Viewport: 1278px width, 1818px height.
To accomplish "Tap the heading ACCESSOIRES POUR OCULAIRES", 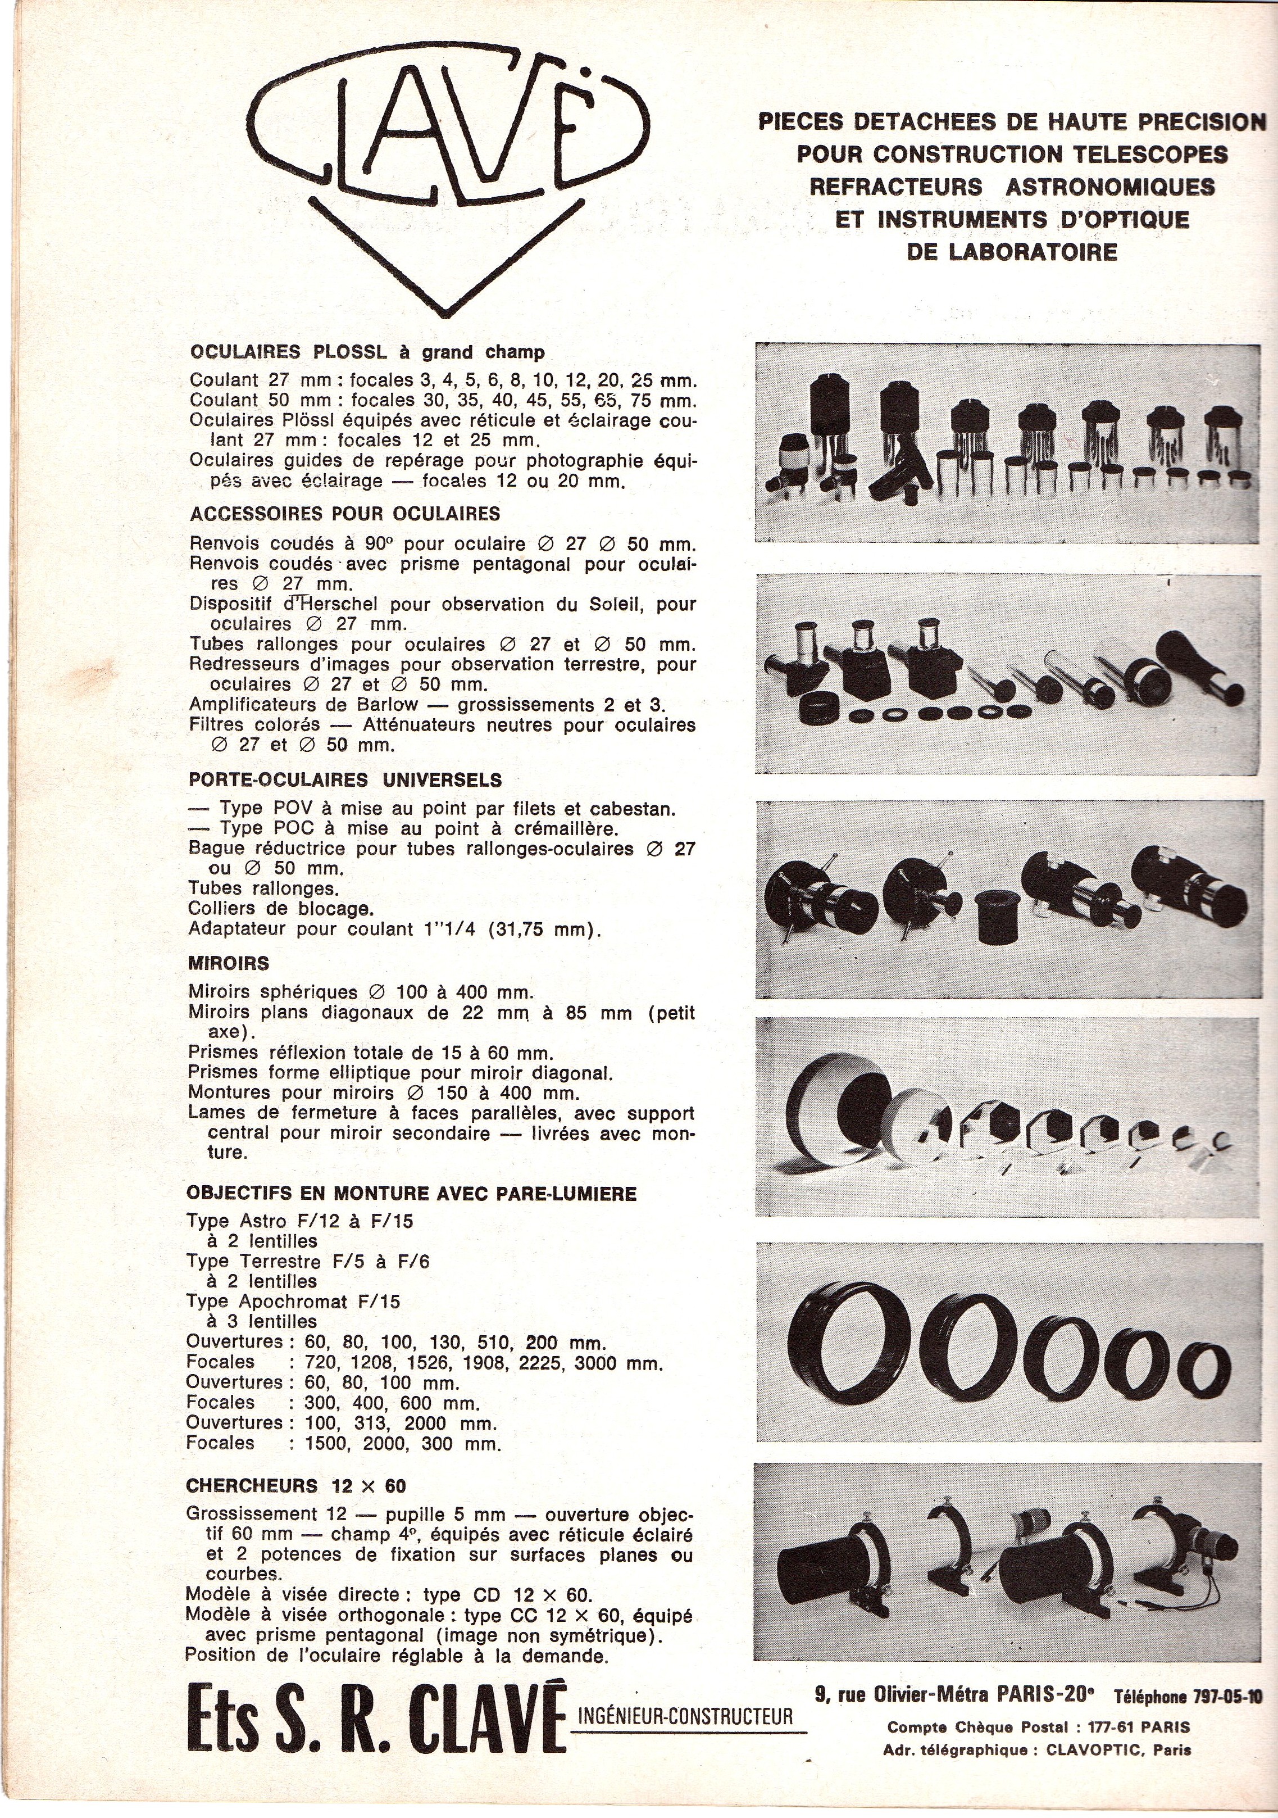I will pyautogui.click(x=345, y=514).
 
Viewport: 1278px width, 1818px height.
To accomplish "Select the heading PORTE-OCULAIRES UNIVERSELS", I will pyautogui.click(x=345, y=780).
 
